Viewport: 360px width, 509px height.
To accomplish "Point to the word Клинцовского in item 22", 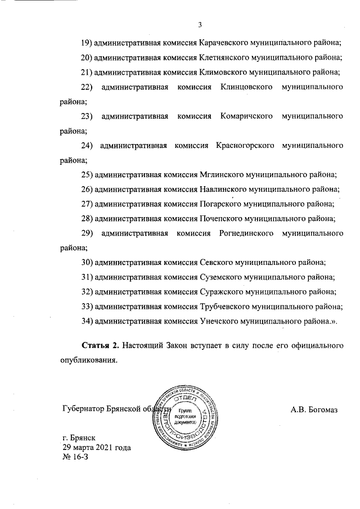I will point(247,87).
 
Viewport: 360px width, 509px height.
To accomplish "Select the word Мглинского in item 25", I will point(220,175).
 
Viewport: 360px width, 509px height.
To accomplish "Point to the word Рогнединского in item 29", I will point(244,233).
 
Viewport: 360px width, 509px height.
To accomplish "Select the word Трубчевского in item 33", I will point(224,306).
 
